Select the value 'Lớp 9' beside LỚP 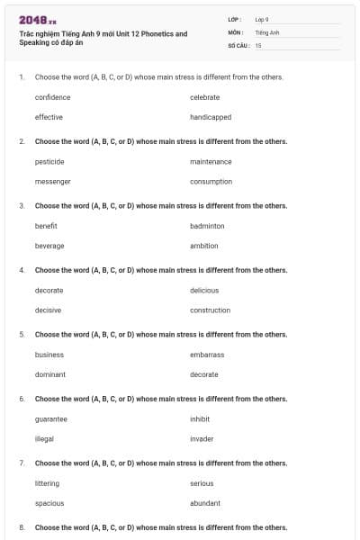tap(262, 19)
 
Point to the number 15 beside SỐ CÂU tap(258, 44)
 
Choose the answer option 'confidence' tap(52, 97)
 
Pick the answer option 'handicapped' tap(211, 117)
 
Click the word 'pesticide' tap(49, 162)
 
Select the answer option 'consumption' tap(211, 181)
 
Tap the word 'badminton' tap(207, 226)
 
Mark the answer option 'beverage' tap(49, 246)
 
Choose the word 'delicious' tap(204, 291)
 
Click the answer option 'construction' tap(211, 310)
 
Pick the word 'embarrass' tap(207, 355)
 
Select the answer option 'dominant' tap(50, 374)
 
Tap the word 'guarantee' tap(51, 419)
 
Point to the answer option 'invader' tap(202, 439)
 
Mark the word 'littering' tap(47, 483)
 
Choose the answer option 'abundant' tap(205, 503)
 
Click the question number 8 tap(22, 527)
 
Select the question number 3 tap(22, 206)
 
